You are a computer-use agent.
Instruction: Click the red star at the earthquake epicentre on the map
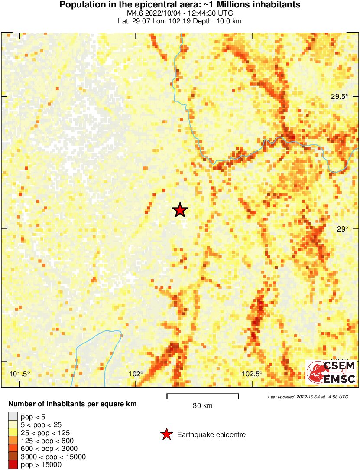tap(180, 210)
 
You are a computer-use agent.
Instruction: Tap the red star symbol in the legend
tap(166, 434)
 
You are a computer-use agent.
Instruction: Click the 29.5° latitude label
tap(339, 96)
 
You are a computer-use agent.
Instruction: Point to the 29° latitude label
tap(343, 229)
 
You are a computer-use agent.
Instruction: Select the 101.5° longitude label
tap(20, 374)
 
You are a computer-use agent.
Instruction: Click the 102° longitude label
tap(136, 374)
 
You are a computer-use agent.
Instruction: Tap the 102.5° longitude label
tap(252, 374)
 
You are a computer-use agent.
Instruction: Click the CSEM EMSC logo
tap(331, 372)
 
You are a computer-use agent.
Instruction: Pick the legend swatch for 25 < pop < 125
tap(13, 433)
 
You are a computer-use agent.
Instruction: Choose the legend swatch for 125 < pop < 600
tap(13, 441)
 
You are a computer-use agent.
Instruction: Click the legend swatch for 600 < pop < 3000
tap(13, 448)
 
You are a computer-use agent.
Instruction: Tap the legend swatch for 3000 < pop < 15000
tap(13, 457)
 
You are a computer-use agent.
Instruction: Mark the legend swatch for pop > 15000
tap(13, 464)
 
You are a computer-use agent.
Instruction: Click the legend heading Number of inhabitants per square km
tap(72, 404)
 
